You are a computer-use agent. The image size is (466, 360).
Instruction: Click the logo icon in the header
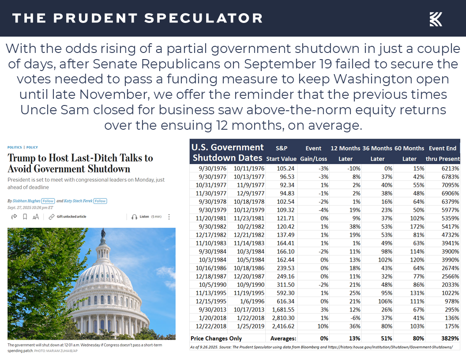pyautogui.click(x=436, y=19)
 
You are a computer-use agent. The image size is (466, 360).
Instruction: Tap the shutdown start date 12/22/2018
pyautogui.click(x=209, y=326)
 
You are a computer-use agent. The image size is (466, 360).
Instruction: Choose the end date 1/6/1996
pyautogui.click(x=252, y=301)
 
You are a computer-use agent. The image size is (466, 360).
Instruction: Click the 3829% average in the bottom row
pyautogui.click(x=450, y=338)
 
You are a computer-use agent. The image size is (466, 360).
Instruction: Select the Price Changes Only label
pyautogui.click(x=216, y=338)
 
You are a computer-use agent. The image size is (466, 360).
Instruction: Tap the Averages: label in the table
pyautogui.click(x=283, y=338)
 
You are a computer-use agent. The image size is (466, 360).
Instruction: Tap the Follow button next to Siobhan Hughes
pyautogui.click(x=48, y=201)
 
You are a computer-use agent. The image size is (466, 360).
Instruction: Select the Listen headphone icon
pyautogui.click(x=135, y=217)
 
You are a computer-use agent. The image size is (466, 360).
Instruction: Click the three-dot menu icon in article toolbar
pyautogui.click(x=169, y=217)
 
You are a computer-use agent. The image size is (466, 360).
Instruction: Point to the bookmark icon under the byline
pyautogui.click(x=25, y=217)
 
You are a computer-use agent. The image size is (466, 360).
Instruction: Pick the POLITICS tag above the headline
pyautogui.click(x=15, y=147)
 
